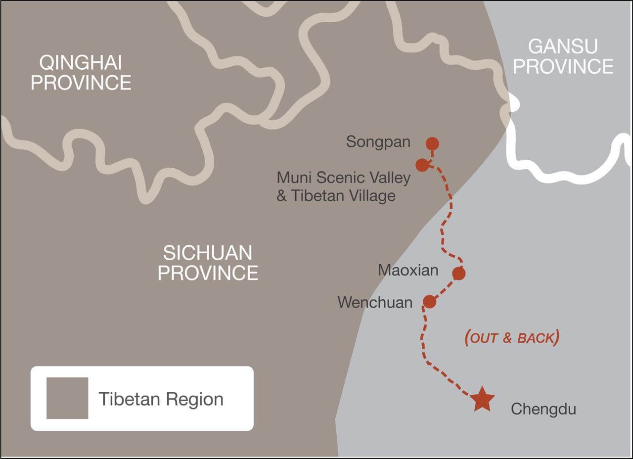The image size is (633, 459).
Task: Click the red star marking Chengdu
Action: click(482, 400)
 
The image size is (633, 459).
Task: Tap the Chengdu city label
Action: click(543, 410)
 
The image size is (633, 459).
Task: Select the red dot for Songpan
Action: click(432, 144)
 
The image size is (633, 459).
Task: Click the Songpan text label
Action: click(378, 142)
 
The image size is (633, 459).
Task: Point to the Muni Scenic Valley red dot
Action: click(422, 165)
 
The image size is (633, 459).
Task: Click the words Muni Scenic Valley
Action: click(344, 178)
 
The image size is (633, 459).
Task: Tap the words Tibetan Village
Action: click(343, 196)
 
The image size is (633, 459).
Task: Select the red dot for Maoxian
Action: click(458, 273)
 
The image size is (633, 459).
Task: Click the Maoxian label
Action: click(407, 271)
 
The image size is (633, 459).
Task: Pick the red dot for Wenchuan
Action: click(430, 301)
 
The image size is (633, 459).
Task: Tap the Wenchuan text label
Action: click(375, 302)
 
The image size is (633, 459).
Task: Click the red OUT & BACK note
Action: click(512, 338)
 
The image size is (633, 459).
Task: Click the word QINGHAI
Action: click(81, 63)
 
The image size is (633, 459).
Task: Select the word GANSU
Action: click(563, 46)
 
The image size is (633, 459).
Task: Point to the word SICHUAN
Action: click(208, 253)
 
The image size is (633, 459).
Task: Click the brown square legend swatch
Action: click(67, 398)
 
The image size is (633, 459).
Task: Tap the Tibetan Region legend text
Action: click(161, 399)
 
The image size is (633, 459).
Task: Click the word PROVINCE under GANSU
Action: click(563, 66)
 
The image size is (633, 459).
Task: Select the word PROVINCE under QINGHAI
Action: click(81, 83)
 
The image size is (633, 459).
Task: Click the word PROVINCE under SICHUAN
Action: click(208, 273)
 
